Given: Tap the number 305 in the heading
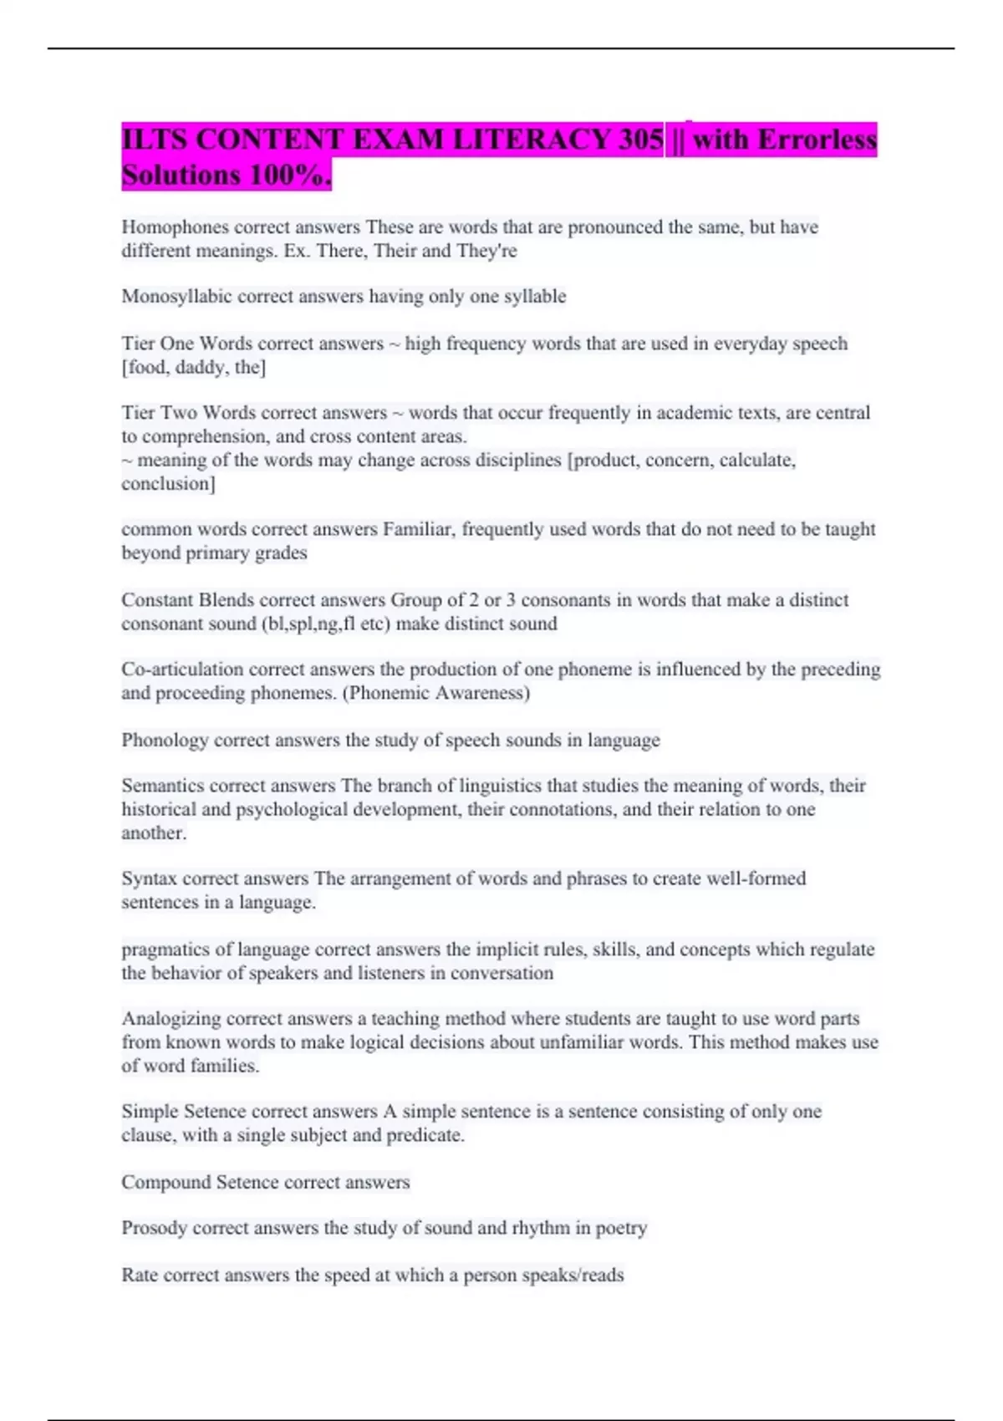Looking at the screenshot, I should pyautogui.click(x=641, y=140).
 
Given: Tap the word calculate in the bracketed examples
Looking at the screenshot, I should pyautogui.click(x=756, y=460).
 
